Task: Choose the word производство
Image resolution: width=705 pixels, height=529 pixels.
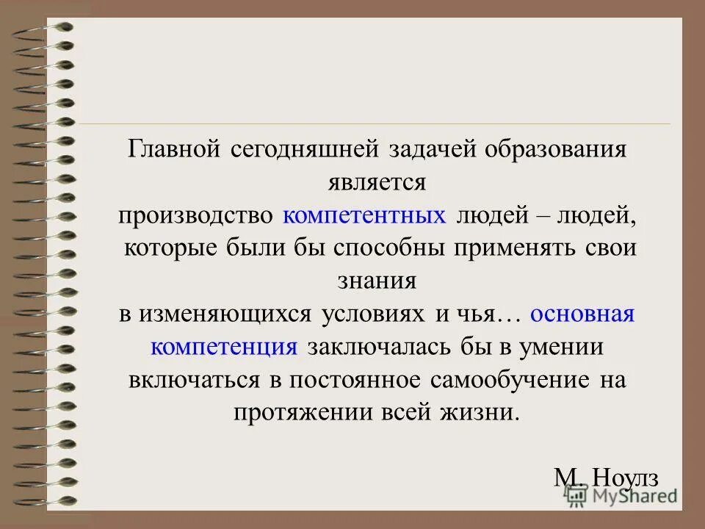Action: click(x=196, y=215)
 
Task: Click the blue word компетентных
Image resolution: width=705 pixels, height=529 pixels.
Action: click(x=365, y=215)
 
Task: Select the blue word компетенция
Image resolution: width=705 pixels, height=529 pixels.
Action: click(x=224, y=347)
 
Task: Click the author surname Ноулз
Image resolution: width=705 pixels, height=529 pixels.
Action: click(x=626, y=478)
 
